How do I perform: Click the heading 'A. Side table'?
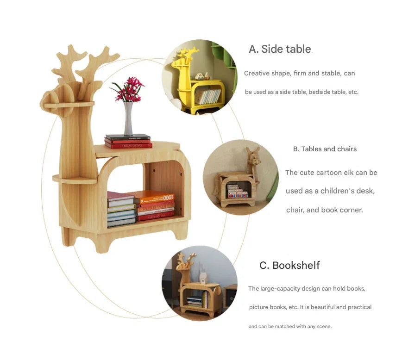[280, 49]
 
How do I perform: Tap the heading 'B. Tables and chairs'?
[325, 149]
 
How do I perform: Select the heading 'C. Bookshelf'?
[289, 265]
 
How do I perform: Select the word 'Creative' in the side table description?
[257, 73]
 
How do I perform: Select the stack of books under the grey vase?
[128, 141]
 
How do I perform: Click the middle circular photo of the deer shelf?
[240, 177]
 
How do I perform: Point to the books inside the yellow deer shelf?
[207, 96]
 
